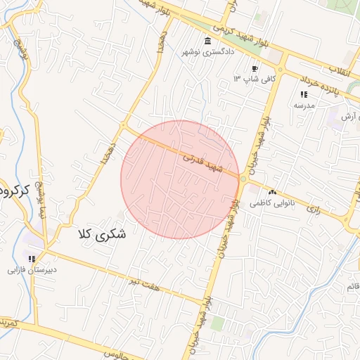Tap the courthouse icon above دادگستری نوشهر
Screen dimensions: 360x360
[207, 41]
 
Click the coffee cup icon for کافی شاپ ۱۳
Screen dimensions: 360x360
[255, 69]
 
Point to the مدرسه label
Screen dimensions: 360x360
[304, 105]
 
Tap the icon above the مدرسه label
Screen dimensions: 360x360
[304, 94]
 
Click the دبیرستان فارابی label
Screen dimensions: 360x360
[32, 269]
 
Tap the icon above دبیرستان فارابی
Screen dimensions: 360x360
[32, 259]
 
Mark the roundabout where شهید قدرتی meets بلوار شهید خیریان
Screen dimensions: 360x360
[243, 180]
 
